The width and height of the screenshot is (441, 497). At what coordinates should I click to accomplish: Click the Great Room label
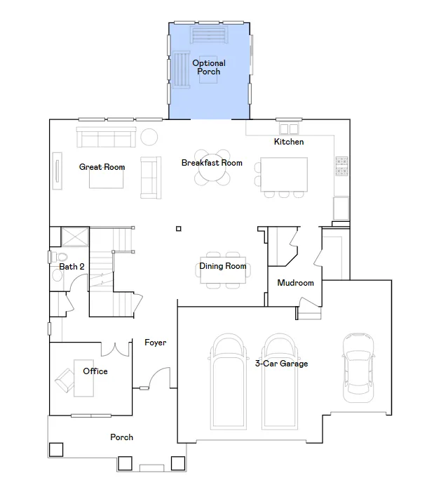click(x=102, y=167)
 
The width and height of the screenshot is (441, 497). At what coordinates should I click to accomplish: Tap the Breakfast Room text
click(x=212, y=163)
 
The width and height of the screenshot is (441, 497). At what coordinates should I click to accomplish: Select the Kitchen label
click(x=289, y=142)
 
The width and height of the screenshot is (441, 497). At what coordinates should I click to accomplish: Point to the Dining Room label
click(x=222, y=266)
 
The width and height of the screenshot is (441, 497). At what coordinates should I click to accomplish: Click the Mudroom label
click(x=295, y=283)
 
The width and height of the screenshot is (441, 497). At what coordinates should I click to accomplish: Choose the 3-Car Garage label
click(x=281, y=364)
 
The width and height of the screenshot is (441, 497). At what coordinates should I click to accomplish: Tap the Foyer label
click(x=156, y=343)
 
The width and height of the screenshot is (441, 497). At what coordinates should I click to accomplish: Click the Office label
click(x=95, y=371)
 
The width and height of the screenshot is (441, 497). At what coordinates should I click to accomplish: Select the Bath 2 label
click(x=72, y=267)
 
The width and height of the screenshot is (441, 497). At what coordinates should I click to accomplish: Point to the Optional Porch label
click(x=209, y=67)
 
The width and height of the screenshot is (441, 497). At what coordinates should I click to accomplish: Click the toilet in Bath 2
click(x=59, y=257)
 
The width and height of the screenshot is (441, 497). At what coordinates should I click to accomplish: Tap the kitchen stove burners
click(x=341, y=166)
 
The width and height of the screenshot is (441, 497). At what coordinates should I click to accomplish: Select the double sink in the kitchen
click(x=289, y=129)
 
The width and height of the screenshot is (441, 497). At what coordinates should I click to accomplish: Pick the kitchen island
click(x=284, y=174)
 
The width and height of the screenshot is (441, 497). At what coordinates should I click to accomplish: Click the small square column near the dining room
click(x=179, y=229)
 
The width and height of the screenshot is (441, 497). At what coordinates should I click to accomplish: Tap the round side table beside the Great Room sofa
click(x=149, y=138)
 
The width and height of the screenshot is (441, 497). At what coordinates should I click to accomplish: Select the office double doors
click(x=115, y=350)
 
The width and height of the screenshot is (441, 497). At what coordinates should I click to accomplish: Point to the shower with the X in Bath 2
click(x=75, y=237)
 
